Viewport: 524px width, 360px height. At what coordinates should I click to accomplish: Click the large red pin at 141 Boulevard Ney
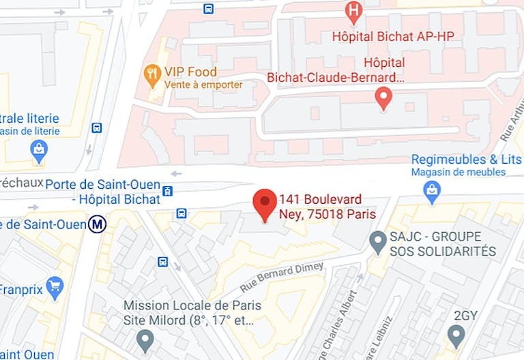coord(265,203)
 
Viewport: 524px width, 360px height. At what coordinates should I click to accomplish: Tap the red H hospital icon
coord(353,10)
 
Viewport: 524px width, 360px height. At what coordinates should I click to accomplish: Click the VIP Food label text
coord(190,72)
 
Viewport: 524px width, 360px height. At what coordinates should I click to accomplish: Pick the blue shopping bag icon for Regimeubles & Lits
coord(432,194)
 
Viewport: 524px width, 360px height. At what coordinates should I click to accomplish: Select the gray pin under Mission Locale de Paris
coord(145,337)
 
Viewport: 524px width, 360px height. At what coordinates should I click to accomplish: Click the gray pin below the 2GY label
coord(456,335)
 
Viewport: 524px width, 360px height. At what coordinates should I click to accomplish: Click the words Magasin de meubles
coord(458,172)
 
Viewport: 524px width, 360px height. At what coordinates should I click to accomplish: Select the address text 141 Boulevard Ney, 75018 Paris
coord(327,207)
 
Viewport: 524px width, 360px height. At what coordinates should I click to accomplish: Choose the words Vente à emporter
coord(203,85)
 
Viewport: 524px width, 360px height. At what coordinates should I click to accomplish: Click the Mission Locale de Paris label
coord(192,305)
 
